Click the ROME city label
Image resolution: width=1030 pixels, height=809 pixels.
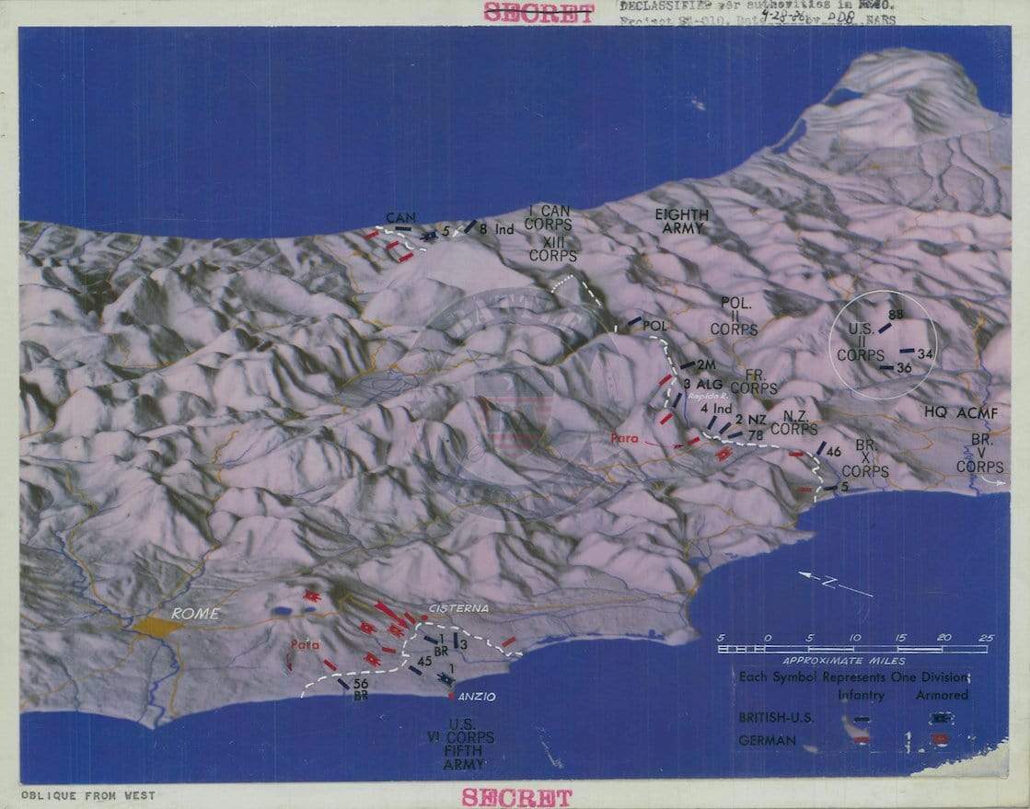pyautogui.click(x=193, y=614)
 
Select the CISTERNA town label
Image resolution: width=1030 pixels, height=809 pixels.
pyautogui.click(x=458, y=609)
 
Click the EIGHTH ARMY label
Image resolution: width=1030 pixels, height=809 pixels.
pyautogui.click(x=681, y=221)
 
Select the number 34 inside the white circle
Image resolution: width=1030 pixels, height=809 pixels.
pyautogui.click(x=925, y=353)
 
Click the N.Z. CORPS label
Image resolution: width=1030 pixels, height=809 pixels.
pyautogui.click(x=793, y=422)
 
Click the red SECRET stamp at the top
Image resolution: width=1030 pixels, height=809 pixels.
pyautogui.click(x=538, y=13)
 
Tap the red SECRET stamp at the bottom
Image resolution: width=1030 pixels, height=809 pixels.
pyautogui.click(x=516, y=796)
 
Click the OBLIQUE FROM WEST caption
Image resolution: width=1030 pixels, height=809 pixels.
pyautogui.click(x=88, y=795)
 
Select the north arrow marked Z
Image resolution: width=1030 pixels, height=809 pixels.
pyautogui.click(x=834, y=583)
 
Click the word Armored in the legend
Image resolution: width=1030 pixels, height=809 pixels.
pyautogui.click(x=942, y=695)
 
